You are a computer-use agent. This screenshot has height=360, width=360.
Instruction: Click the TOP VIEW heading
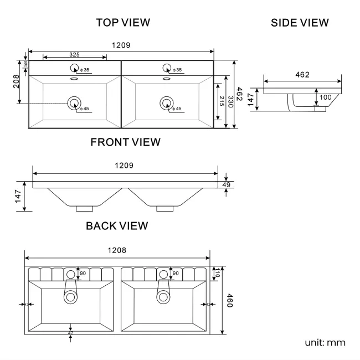123,23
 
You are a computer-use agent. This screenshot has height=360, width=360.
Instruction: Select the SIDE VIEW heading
300,23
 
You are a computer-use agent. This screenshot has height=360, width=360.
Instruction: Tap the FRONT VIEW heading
125,142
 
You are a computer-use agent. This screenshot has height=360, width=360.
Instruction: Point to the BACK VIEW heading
117,226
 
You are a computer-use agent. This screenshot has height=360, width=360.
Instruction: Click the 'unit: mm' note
325,342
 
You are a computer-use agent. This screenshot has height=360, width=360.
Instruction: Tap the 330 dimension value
230,102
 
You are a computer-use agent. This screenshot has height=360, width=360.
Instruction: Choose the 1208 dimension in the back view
117,250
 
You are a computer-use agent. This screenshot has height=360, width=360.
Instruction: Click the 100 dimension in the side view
325,97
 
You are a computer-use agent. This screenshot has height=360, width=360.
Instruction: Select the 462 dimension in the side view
302,75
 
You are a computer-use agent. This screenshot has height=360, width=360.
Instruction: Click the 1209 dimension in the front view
124,166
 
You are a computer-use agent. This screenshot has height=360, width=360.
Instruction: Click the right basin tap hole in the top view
166,68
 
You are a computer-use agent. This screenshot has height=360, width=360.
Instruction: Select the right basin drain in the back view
163,296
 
